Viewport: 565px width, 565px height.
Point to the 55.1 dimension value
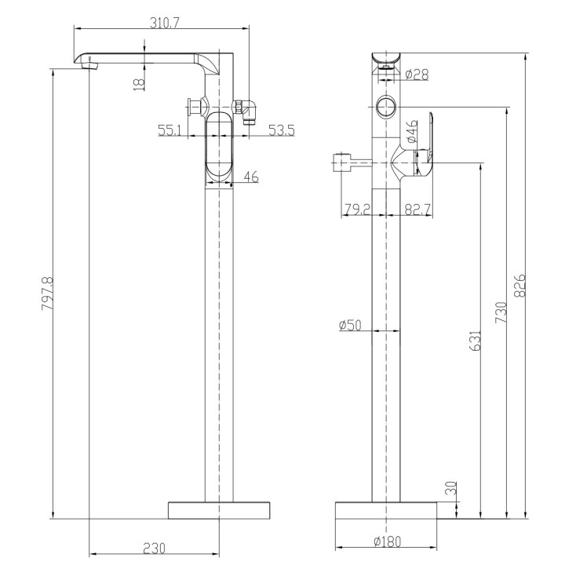pos(170,130)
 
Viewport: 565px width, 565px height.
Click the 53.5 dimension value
pos(280,130)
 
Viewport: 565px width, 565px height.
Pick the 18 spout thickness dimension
pos(138,83)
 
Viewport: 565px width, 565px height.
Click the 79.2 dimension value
pos(357,210)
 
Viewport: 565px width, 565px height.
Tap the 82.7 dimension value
pos(418,210)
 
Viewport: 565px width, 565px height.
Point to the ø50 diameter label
pos(350,325)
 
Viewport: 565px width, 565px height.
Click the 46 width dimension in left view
pos(251,177)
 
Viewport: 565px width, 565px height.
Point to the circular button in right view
pos(386,105)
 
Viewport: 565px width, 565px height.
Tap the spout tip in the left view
pos(85,61)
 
